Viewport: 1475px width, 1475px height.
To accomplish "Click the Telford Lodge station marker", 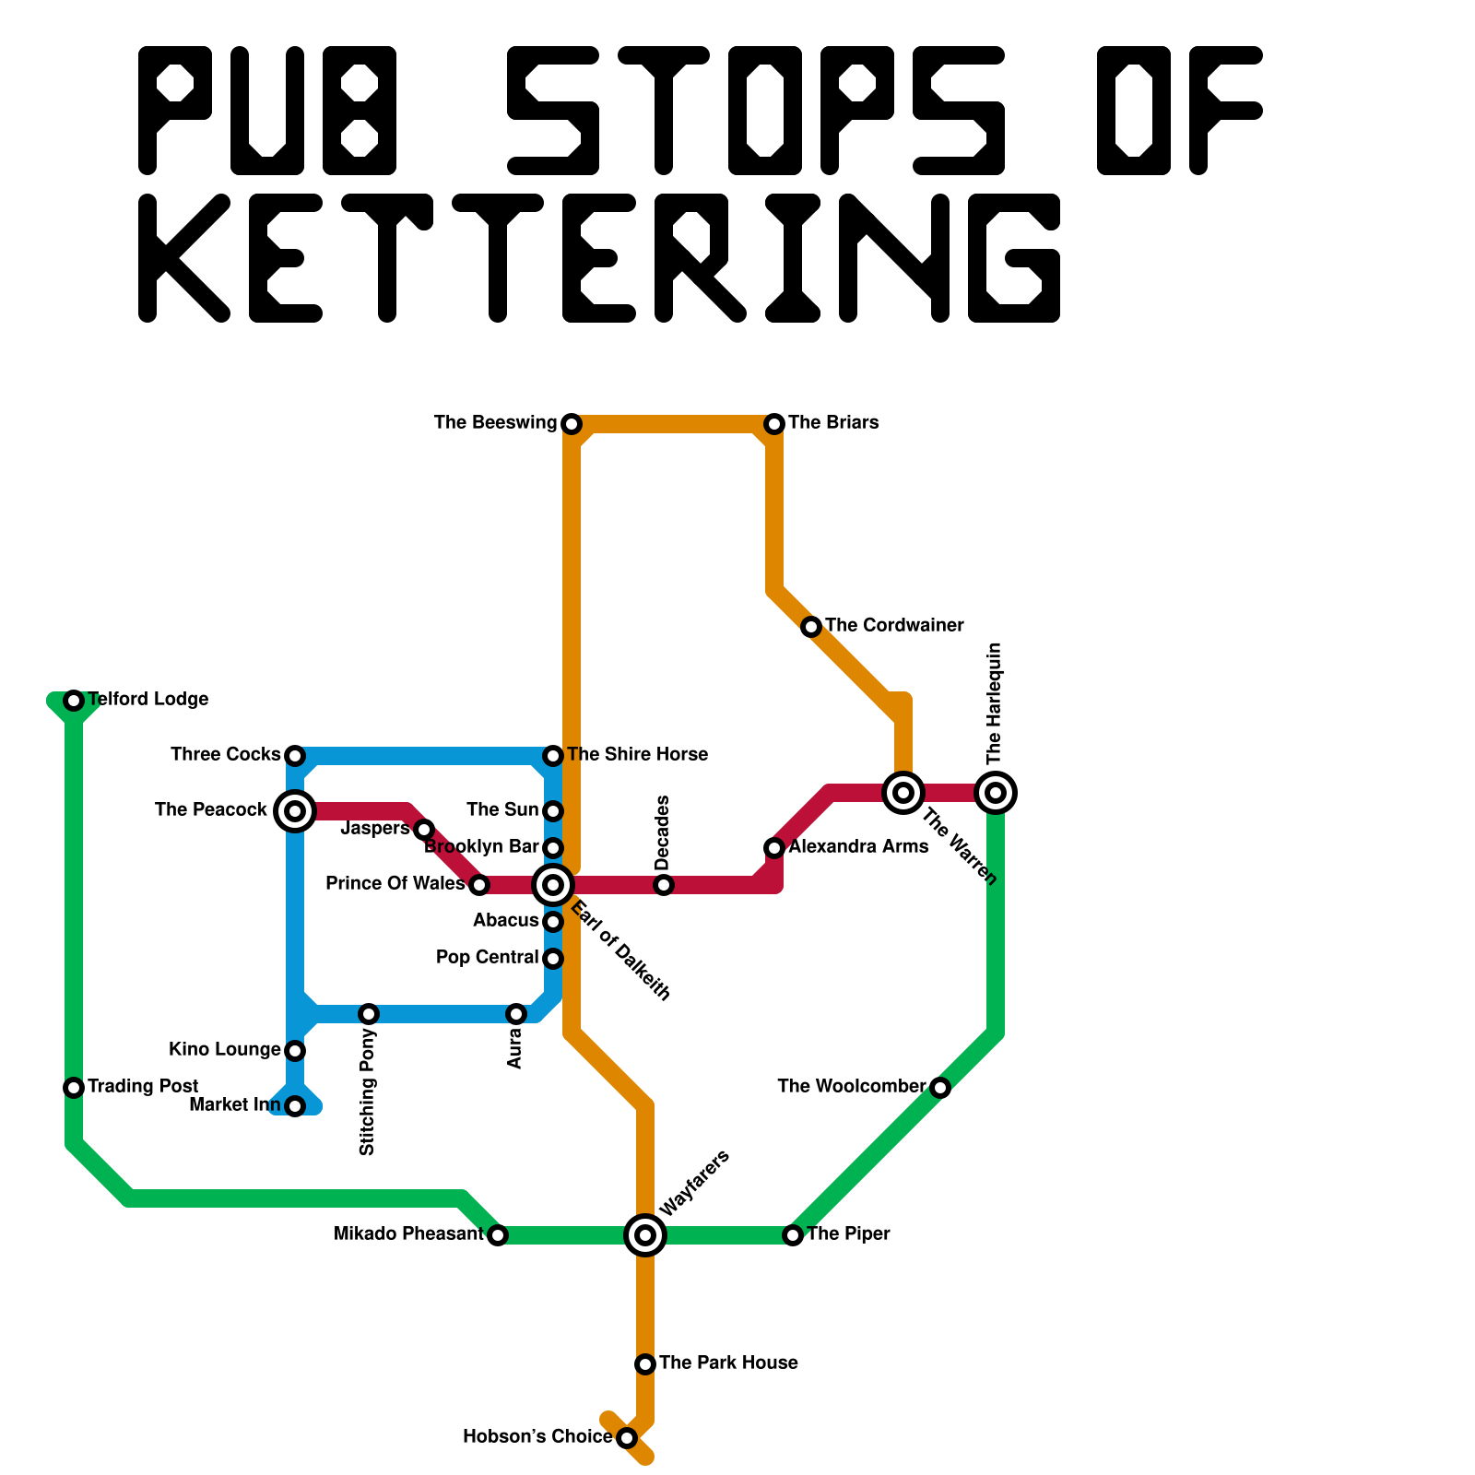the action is tap(74, 701).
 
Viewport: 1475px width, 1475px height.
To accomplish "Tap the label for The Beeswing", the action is tap(495, 423).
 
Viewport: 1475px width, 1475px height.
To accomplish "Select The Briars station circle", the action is tap(774, 423).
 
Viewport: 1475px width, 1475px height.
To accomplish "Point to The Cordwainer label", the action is tap(894, 626).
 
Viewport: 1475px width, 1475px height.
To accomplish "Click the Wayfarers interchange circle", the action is tap(645, 1234).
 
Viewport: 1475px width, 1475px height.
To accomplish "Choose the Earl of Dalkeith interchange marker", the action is tap(553, 885).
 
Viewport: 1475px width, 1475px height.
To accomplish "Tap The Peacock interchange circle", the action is tap(295, 810).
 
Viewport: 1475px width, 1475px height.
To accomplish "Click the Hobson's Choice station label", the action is tap(537, 1437).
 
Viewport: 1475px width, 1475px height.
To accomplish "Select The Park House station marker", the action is tap(645, 1363).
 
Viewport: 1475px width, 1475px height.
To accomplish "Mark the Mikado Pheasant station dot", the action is tap(498, 1234).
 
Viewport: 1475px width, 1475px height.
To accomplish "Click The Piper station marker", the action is tap(793, 1234).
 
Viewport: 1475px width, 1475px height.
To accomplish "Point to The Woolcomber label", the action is tap(851, 1087).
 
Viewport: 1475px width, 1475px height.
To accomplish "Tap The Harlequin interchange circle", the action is tap(996, 792).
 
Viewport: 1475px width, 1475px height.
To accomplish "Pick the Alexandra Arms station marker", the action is tap(774, 847).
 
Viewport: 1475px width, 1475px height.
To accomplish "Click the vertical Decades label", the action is tap(662, 832).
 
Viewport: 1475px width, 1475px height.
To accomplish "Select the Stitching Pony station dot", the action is tap(369, 1014).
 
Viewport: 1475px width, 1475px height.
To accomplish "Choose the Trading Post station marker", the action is tap(74, 1088).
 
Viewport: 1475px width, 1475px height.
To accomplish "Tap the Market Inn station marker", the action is tap(295, 1105).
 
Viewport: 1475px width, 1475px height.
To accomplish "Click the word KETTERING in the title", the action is tap(599, 258).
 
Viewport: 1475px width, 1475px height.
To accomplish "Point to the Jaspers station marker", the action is tap(424, 830).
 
